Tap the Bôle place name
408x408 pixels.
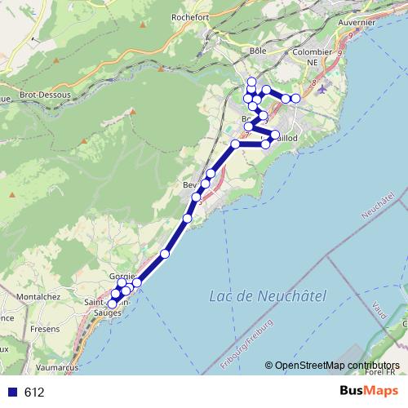pos(259,51)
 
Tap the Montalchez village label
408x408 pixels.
pos(39,296)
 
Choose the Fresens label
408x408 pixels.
pos(45,329)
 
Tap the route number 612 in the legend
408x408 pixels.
pos(33,392)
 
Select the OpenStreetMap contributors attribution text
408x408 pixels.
pos(336,366)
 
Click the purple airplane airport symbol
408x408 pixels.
pos(326,87)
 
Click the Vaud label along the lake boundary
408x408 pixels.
pos(378,308)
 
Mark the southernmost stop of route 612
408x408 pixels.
pos(113,304)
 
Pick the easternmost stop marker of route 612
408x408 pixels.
pos(296,99)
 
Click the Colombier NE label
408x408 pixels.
pos(312,51)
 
